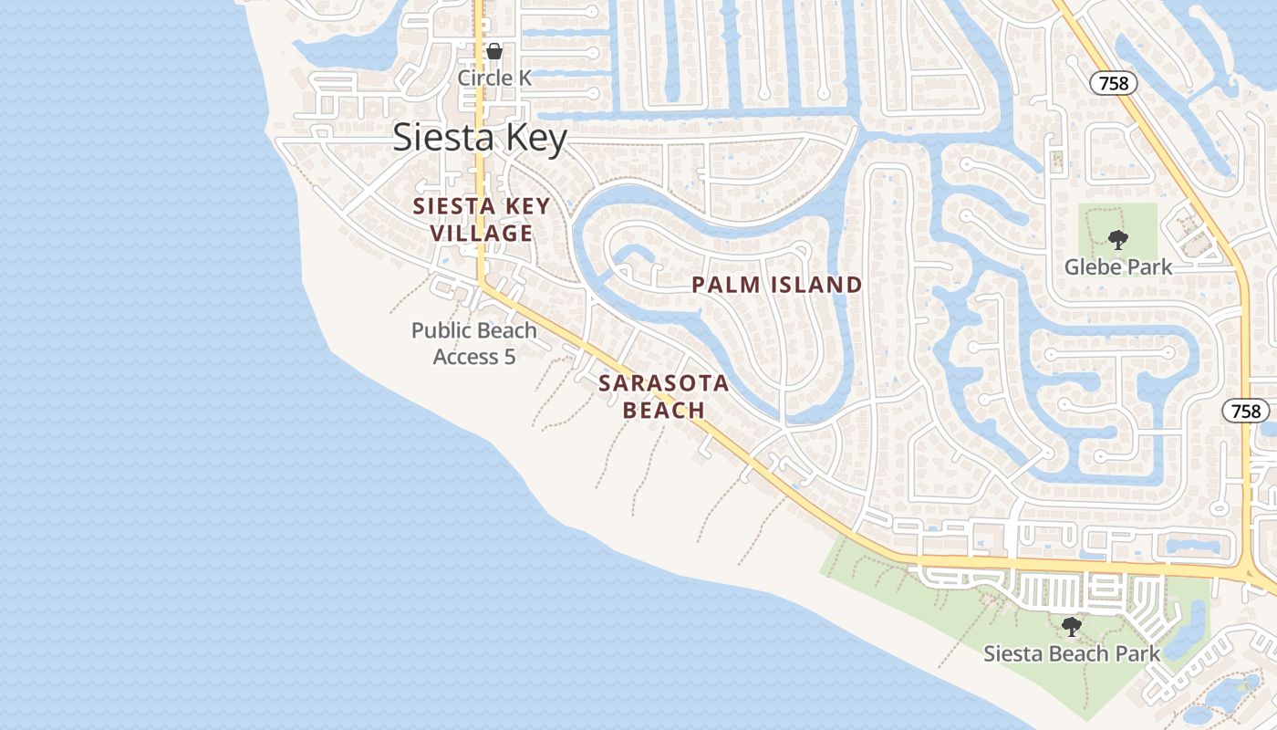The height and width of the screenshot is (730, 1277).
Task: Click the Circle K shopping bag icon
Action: click(493, 52)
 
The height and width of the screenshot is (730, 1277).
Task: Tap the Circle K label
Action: click(493, 78)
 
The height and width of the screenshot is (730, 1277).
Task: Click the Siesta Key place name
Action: click(480, 137)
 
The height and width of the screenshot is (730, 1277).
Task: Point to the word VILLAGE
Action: click(481, 234)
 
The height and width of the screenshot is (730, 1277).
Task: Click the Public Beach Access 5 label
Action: click(474, 343)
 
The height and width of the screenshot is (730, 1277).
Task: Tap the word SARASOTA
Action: click(664, 383)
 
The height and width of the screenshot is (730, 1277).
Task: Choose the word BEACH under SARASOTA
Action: click(664, 411)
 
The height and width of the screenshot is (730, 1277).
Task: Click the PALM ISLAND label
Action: click(776, 285)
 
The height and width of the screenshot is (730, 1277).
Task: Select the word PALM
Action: click(726, 285)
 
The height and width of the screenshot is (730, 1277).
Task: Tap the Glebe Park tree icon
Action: click(1117, 240)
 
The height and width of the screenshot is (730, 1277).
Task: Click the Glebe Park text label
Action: click(1118, 267)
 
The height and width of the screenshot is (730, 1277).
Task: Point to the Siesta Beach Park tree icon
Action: click(1072, 627)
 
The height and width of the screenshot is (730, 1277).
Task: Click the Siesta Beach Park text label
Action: click(1072, 653)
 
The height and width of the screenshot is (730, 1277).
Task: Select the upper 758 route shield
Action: click(1114, 83)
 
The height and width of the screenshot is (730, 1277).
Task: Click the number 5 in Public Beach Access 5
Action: click(509, 356)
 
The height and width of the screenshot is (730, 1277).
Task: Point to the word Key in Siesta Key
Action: click(533, 137)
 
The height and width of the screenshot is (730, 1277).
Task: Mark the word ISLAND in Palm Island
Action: click(815, 285)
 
